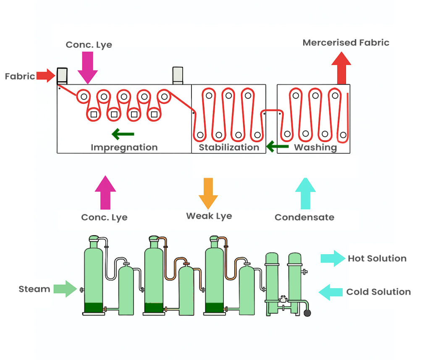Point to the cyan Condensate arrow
click(x=305, y=193)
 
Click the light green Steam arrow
click(x=66, y=289)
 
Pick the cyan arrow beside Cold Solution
click(x=330, y=292)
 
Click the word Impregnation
click(x=124, y=147)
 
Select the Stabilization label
click(x=229, y=147)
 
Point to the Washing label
click(x=315, y=147)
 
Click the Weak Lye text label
click(x=209, y=216)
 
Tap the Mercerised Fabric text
click(x=346, y=42)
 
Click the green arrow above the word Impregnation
click(x=123, y=134)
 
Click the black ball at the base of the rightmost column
click(x=307, y=313)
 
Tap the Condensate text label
click(x=304, y=217)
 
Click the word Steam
click(x=34, y=289)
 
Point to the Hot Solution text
click(x=377, y=258)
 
